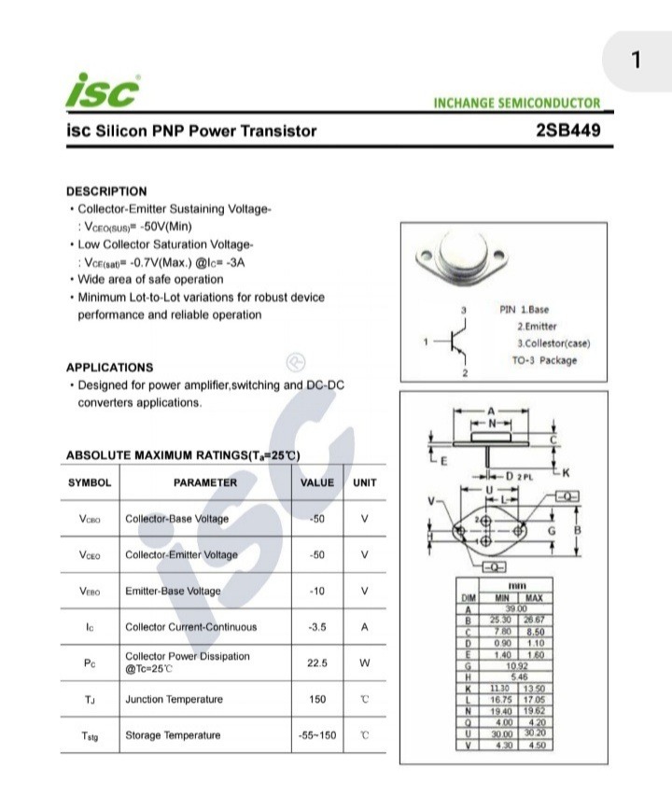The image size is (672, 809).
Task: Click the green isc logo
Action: click(103, 91)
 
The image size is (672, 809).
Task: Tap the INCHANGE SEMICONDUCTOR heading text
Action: click(517, 103)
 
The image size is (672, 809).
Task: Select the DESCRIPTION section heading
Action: click(106, 191)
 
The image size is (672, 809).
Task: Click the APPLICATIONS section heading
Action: click(109, 367)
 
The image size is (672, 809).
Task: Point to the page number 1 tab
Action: click(636, 61)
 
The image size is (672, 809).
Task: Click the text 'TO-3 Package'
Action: click(544, 360)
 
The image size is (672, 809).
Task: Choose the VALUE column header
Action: click(316, 482)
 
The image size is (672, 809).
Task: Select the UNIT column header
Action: click(365, 482)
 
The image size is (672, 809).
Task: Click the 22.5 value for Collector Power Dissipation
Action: click(316, 663)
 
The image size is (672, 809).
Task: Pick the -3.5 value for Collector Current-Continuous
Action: click(316, 627)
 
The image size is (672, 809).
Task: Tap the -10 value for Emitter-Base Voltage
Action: click(316, 591)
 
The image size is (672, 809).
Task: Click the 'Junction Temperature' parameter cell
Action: click(174, 699)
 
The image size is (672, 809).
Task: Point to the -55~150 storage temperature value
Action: click(316, 735)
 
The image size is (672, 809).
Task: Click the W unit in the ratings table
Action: click(365, 663)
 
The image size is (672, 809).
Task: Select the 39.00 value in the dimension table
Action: click(516, 608)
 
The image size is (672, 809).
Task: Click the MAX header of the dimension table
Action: click(534, 597)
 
